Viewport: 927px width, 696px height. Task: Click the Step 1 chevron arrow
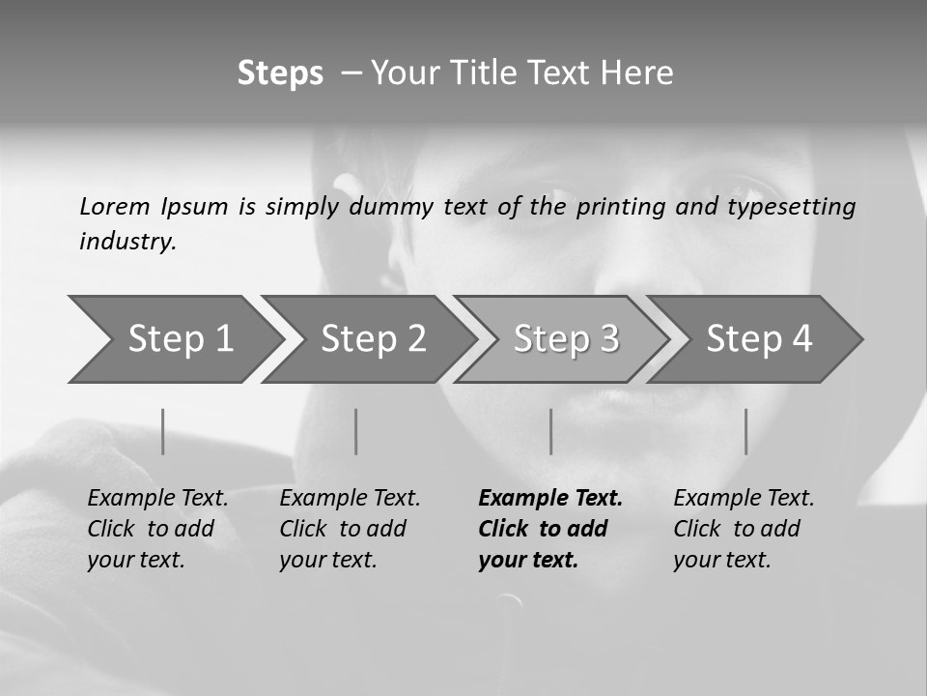pos(174,339)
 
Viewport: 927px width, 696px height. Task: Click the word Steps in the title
pos(280,73)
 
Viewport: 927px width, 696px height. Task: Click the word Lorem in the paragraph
pos(115,207)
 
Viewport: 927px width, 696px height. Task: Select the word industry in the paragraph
pos(127,242)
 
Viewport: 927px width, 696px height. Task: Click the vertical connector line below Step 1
pos(163,431)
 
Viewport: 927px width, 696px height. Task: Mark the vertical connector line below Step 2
pos(356,431)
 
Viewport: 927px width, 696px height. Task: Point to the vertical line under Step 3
pos(551,431)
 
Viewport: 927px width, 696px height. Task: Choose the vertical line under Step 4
pos(746,431)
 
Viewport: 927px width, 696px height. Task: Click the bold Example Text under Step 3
pos(550,499)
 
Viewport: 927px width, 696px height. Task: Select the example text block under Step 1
pos(156,529)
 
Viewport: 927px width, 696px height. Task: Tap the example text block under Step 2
pos(349,529)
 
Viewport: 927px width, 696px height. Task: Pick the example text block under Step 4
pos(743,529)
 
